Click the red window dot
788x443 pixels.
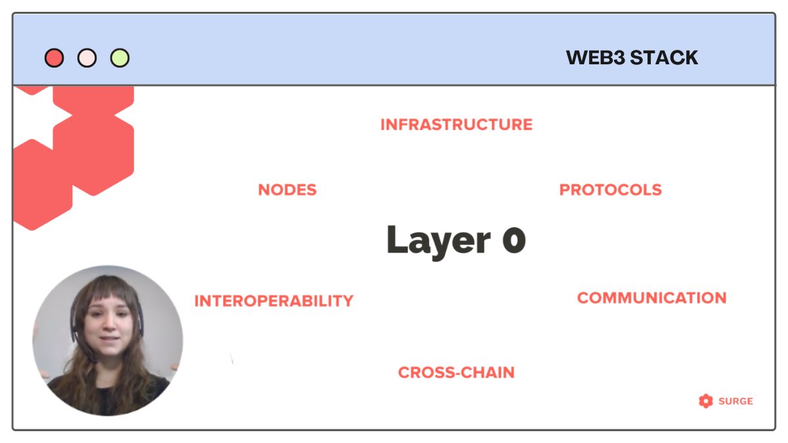coord(55,58)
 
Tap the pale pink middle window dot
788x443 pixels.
coord(87,58)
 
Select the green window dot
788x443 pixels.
coord(120,58)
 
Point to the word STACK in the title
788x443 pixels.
coord(664,58)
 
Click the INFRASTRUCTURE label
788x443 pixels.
coord(456,125)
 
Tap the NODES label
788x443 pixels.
coord(287,190)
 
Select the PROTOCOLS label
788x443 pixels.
coord(610,190)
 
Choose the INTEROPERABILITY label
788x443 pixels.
coord(274,301)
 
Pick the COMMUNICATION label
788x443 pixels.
coord(651,298)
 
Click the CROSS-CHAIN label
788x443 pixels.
coord(456,373)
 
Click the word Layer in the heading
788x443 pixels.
coord(438,241)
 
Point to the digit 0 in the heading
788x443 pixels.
coord(514,241)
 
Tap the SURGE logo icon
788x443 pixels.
coord(706,401)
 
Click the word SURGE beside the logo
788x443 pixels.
coord(736,401)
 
